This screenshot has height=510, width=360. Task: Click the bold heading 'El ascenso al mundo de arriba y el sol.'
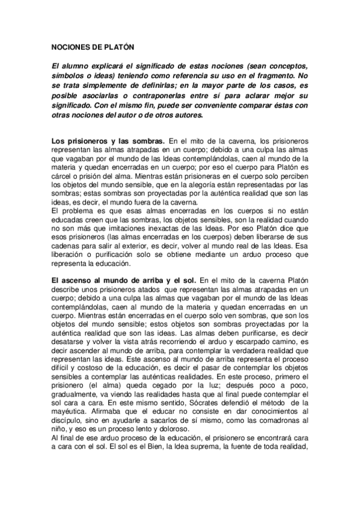pos(123,280)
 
